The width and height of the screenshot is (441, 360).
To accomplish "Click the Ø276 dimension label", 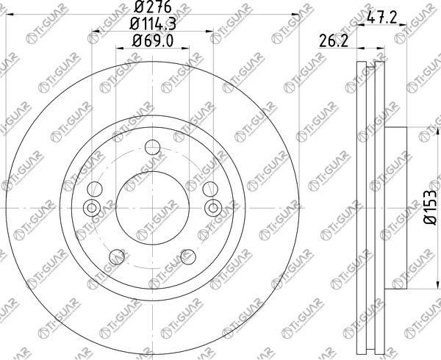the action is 153,7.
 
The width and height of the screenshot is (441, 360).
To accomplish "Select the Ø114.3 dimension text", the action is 153,24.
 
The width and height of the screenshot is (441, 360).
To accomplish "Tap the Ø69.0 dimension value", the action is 153,41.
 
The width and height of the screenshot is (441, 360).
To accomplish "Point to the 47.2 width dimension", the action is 381,18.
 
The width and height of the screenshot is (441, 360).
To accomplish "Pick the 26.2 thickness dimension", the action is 334,41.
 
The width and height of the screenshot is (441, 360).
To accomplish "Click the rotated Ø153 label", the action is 430,207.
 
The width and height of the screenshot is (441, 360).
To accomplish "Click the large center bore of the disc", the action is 152,208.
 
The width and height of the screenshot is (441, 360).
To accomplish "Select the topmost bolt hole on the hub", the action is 152,147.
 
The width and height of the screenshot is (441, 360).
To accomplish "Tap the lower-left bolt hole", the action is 117,257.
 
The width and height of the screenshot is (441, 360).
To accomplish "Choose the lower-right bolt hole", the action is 188,257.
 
